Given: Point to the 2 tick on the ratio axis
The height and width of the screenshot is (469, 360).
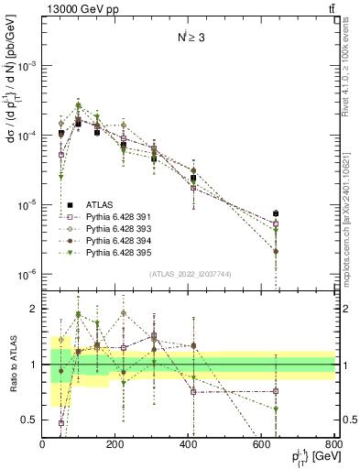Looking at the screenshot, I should (x=34, y=309).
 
